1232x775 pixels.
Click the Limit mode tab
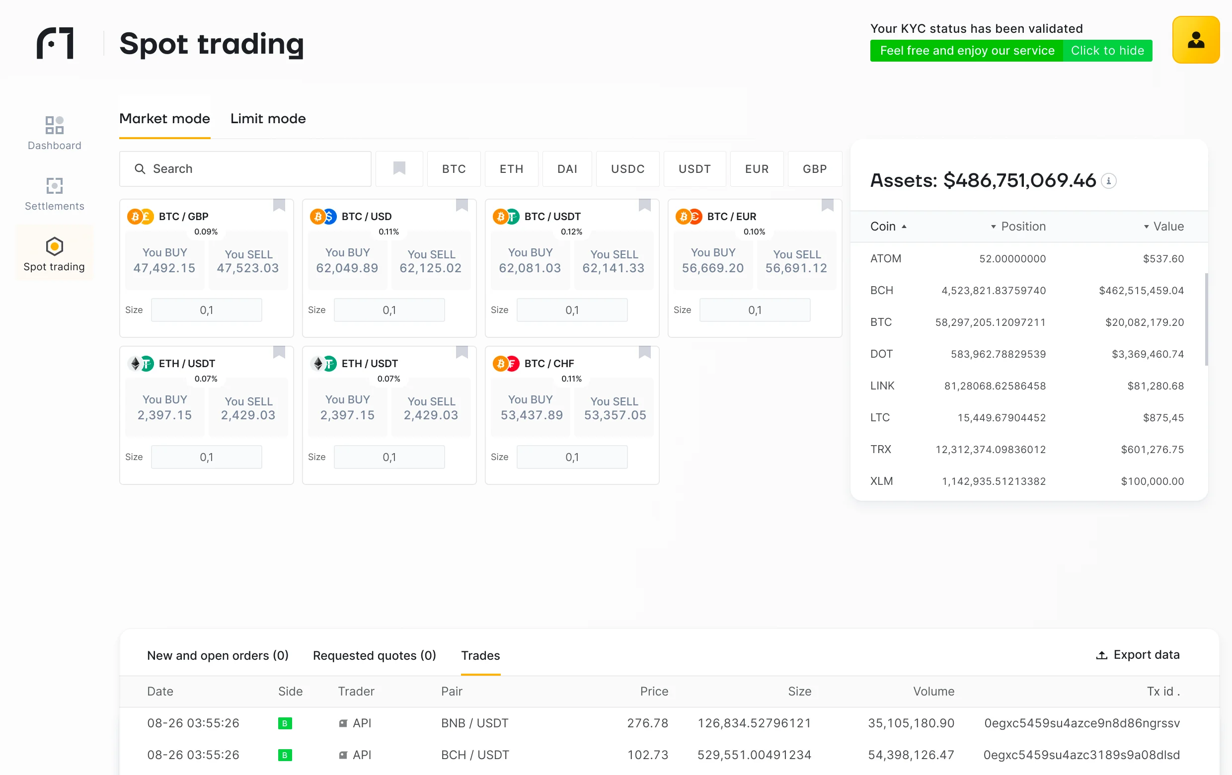pos(268,119)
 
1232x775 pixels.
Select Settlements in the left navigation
pos(54,194)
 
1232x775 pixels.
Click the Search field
pos(245,169)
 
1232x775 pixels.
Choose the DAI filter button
pos(567,169)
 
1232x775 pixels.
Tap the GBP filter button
pos(815,169)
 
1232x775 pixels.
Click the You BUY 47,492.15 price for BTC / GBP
pos(164,261)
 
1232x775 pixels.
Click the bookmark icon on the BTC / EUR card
pos(827,205)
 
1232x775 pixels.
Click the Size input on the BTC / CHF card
pos(572,457)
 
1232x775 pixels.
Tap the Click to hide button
pos(1107,51)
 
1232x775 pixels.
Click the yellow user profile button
pos(1196,40)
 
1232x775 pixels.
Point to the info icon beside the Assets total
pos(1109,180)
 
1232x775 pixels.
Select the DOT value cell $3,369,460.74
pos(1148,354)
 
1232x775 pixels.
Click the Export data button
pos(1137,655)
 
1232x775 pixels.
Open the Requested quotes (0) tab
pos(374,655)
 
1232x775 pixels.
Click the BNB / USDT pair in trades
pos(474,723)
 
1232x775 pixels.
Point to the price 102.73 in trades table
pos(647,755)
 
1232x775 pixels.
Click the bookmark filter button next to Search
pos(399,169)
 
